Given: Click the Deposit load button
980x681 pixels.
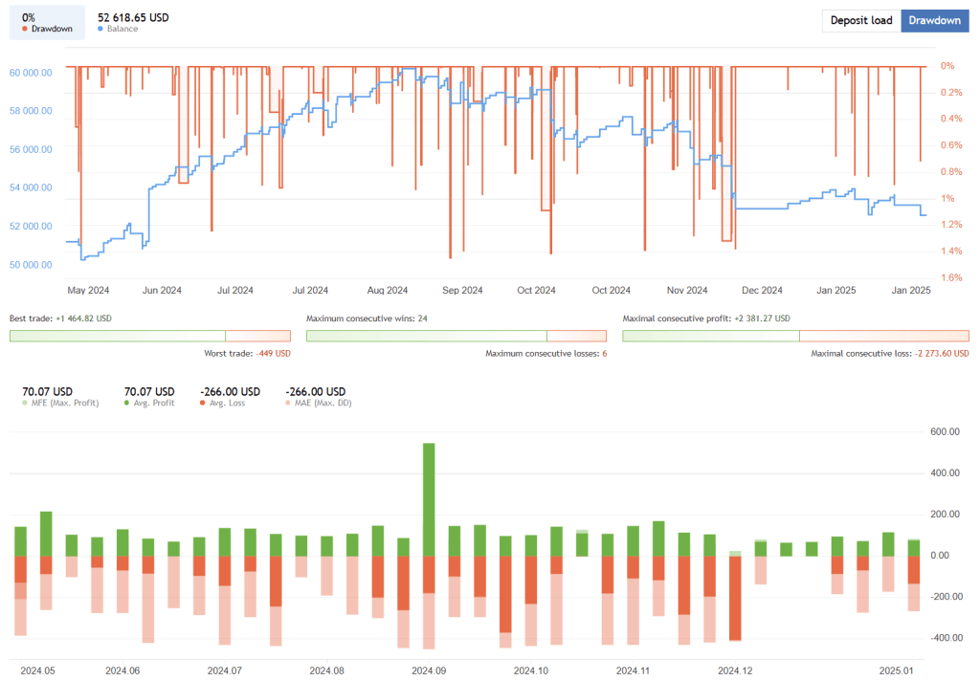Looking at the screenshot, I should (860, 21).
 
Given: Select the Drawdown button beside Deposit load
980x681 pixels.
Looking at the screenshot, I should (935, 21).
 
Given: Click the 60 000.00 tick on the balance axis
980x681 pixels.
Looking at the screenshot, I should (31, 73).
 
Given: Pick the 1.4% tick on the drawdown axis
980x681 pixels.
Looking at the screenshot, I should (950, 251).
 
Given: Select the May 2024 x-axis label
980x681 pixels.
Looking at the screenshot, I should (89, 290).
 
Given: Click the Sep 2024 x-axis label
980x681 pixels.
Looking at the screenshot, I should (462, 290).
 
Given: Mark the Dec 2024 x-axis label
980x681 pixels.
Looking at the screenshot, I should (762, 290).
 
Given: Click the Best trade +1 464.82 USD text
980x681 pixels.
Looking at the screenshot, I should (60, 318).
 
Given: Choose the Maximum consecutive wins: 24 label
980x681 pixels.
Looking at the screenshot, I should (367, 318).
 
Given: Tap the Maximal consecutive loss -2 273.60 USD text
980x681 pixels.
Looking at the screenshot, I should (889, 353).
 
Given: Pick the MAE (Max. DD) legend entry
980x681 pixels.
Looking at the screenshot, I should (321, 403).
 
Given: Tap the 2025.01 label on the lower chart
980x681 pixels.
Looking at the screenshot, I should (897, 670).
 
